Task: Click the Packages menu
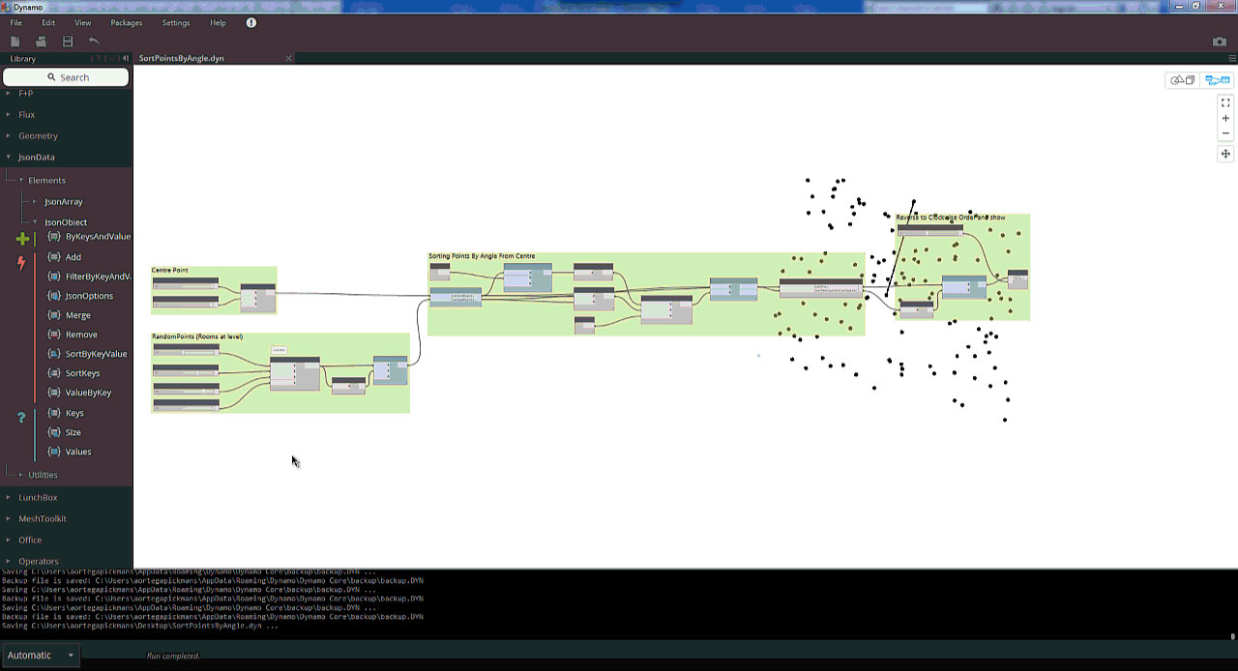[x=126, y=22]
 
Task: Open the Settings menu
[x=176, y=22]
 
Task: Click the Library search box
[x=67, y=77]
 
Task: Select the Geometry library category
[x=38, y=136]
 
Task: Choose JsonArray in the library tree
[x=64, y=202]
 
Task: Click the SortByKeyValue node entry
[x=96, y=354]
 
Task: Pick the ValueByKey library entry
[x=88, y=393]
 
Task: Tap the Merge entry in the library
[x=77, y=315]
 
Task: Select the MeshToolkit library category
[x=42, y=519]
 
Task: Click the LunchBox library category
[x=38, y=498]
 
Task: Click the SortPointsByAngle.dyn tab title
[x=181, y=59]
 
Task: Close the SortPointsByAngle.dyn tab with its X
[x=288, y=59]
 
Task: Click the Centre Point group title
[x=170, y=271]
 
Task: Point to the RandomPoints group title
[x=197, y=336]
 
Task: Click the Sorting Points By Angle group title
[x=482, y=256]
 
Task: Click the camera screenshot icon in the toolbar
[x=1220, y=42]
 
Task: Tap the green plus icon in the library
[x=23, y=238]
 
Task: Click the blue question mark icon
[x=22, y=418]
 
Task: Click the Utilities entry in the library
[x=43, y=476]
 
